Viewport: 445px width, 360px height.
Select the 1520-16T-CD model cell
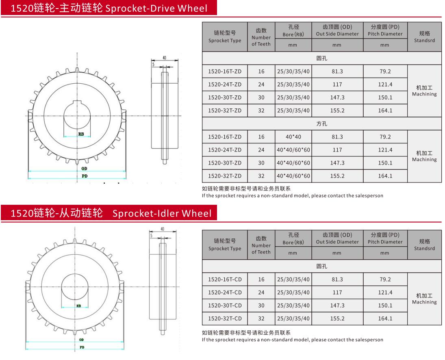224,280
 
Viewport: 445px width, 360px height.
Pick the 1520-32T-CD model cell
224,319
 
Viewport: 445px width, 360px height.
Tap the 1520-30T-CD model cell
224,306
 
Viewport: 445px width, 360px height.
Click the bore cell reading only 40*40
293,137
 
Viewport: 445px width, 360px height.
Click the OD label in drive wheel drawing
84,168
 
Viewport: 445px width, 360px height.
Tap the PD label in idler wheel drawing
82,347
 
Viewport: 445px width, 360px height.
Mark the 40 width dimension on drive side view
164,58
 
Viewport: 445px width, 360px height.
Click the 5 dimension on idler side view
151,235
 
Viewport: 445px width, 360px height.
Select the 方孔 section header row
321,124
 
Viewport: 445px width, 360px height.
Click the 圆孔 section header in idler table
321,267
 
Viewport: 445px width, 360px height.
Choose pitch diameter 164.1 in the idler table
384,319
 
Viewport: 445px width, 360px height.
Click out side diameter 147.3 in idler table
337,306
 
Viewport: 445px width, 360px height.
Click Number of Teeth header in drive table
261,37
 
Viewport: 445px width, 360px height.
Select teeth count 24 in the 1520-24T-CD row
261,293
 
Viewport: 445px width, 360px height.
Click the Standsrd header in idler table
424,245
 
